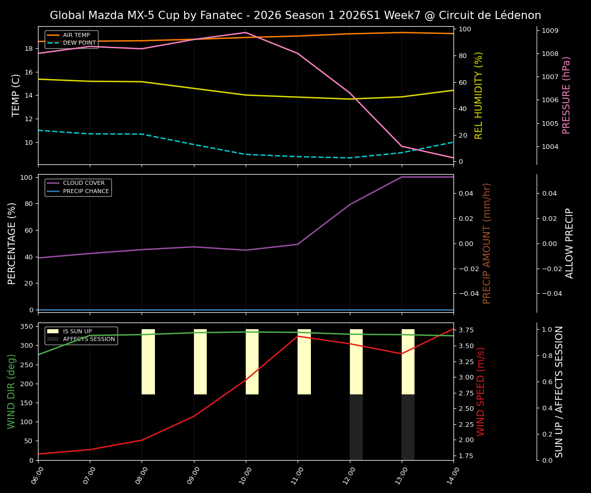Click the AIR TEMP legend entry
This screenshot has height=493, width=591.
pyautogui.click(x=76, y=35)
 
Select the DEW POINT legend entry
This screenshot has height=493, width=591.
pyautogui.click(x=79, y=43)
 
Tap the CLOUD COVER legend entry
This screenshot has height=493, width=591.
pyautogui.click(x=84, y=183)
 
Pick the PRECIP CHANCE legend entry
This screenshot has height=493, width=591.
pyautogui.click(x=86, y=192)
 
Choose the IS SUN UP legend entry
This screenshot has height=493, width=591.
pyautogui.click(x=81, y=332)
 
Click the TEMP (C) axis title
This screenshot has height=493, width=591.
pyautogui.click(x=16, y=95)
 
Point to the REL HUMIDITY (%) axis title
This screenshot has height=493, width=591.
pyautogui.click(x=479, y=95)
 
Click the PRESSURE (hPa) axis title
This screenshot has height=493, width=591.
pyautogui.click(x=566, y=95)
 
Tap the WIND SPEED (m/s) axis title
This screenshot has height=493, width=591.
pyautogui.click(x=481, y=391)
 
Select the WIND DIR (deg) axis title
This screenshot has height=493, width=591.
pyautogui.click(x=11, y=391)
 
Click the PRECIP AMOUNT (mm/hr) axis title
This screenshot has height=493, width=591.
pyautogui.click(x=487, y=243)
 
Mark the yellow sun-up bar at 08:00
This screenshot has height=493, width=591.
pyautogui.click(x=148, y=362)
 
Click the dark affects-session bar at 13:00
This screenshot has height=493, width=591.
pyautogui.click(x=408, y=427)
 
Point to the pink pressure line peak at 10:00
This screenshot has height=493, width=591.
pyautogui.click(x=246, y=32)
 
